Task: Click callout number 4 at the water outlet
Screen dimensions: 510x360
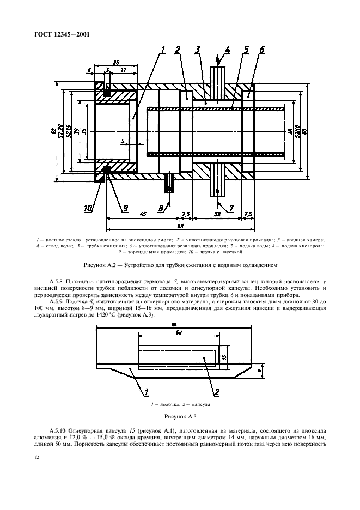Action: click(228, 50)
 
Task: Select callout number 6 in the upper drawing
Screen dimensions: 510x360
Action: click(262, 50)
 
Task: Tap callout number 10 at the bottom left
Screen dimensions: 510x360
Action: click(88, 207)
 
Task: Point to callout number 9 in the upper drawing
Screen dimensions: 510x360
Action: click(126, 207)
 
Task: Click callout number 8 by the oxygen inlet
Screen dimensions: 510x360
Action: click(161, 207)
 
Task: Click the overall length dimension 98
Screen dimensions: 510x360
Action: click(180, 225)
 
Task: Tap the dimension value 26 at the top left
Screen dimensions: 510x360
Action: click(116, 62)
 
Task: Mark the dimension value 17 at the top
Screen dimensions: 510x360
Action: click(125, 70)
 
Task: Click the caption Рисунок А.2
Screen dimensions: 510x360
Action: click(180, 266)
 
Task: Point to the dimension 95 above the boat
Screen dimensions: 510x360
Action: click(173, 324)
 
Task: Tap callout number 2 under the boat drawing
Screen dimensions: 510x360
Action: click(216, 392)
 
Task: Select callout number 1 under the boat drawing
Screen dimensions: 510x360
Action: click(146, 392)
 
